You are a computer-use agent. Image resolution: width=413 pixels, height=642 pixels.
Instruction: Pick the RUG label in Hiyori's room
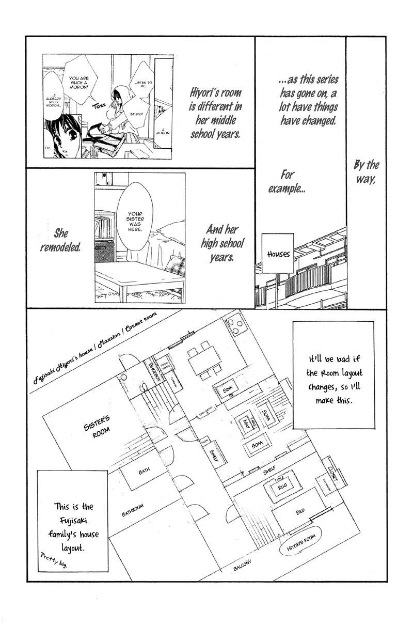click(x=282, y=486)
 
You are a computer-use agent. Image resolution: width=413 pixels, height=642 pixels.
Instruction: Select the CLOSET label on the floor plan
click(x=332, y=469)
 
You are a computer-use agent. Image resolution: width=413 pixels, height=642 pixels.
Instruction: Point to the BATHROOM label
click(x=133, y=510)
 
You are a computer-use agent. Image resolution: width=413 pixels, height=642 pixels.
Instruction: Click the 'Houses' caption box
click(x=279, y=254)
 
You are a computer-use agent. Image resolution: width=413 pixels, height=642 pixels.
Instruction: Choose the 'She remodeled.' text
click(x=61, y=240)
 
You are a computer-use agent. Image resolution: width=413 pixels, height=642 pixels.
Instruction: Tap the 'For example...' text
click(x=287, y=181)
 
